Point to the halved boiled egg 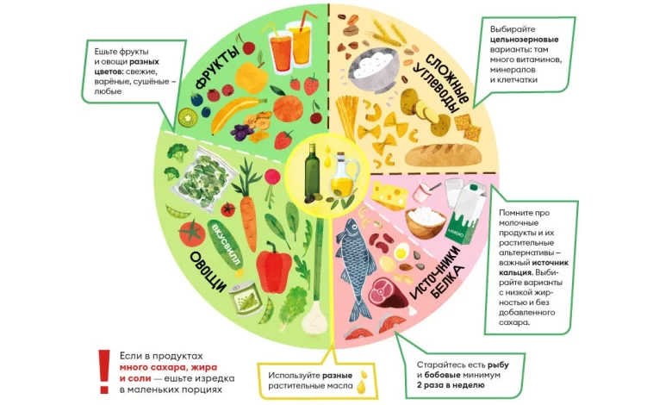click(x=401, y=251)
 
